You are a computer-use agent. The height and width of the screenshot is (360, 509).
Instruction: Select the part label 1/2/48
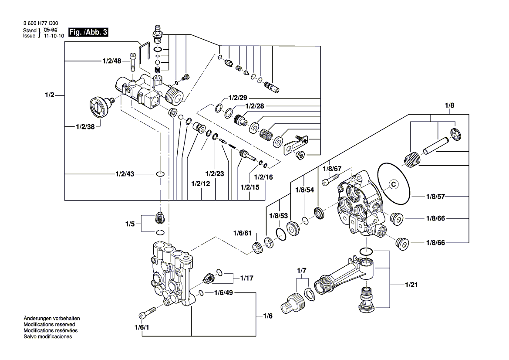click(x=112, y=61)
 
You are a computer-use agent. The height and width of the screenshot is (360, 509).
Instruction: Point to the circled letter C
click(x=393, y=184)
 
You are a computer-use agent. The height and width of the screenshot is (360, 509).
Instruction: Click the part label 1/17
click(x=247, y=277)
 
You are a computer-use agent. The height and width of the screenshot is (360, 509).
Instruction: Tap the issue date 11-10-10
click(x=54, y=37)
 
